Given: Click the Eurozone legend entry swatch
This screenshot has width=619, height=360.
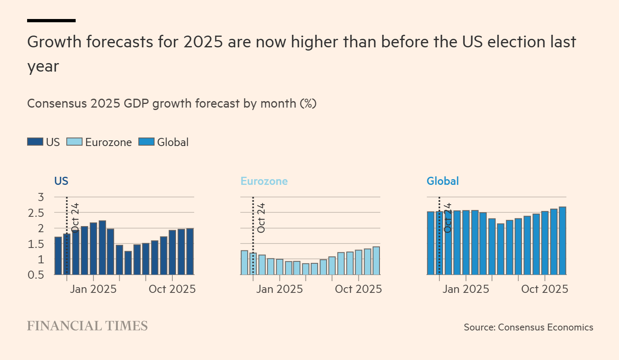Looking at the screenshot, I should (x=74, y=142).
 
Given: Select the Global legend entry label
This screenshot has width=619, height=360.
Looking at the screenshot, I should (x=173, y=142).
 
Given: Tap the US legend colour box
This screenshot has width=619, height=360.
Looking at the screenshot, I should (x=35, y=142).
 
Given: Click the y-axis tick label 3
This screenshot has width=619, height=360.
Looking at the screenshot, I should (x=41, y=197).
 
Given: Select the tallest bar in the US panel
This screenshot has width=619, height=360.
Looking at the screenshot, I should (x=102, y=248).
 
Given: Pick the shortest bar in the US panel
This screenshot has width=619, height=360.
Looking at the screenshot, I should (x=128, y=263).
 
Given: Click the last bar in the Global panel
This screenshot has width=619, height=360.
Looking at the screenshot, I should (x=562, y=241).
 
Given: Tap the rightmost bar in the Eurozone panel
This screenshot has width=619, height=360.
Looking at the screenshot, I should (x=376, y=260).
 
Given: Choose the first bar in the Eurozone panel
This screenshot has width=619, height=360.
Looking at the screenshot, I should (x=244, y=263).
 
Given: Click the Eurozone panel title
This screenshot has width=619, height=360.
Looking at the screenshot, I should (x=264, y=181).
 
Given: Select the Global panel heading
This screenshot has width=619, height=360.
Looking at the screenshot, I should (x=443, y=181).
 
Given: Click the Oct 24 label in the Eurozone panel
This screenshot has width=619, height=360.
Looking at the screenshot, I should (x=261, y=218).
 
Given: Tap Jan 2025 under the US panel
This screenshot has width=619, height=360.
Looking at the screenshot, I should (x=93, y=289).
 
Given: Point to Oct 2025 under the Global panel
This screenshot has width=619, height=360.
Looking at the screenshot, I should (x=545, y=289).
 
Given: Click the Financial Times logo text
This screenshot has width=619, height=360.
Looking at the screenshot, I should (x=87, y=326).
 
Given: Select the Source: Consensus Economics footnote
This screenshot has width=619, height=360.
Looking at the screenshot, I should (x=528, y=327).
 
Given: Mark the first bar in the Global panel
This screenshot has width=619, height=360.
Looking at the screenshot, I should (x=430, y=243).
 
